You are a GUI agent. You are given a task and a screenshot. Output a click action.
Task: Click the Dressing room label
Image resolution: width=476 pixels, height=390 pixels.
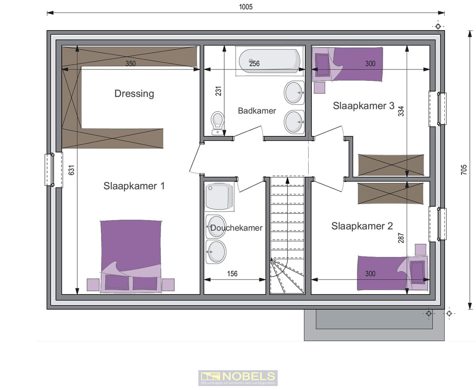[134, 94]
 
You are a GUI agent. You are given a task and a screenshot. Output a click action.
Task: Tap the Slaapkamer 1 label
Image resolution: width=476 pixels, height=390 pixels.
[134, 186]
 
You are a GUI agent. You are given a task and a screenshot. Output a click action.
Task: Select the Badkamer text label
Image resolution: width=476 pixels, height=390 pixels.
[257, 111]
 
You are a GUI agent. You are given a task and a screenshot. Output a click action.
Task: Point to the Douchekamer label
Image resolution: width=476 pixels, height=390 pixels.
[236, 228]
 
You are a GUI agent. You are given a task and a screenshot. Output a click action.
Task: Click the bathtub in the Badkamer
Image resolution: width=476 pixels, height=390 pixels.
[269, 62]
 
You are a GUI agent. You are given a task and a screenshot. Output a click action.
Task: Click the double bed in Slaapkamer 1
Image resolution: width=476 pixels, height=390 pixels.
[131, 256]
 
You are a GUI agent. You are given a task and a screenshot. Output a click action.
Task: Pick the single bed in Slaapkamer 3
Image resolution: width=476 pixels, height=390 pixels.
[349, 64]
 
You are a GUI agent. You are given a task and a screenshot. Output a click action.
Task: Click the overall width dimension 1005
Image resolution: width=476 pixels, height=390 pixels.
[246, 7]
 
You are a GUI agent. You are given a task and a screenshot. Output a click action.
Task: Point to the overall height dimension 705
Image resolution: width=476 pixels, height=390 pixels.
[464, 170]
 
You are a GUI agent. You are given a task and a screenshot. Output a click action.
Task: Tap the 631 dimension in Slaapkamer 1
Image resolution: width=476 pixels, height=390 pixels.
[71, 170]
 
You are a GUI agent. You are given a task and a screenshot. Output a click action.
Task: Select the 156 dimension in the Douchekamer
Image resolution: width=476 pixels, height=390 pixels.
[232, 274]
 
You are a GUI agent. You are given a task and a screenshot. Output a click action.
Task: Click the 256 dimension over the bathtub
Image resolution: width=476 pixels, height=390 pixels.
[254, 63]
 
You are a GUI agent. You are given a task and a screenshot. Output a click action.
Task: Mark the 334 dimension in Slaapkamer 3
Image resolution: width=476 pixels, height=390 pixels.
[401, 111]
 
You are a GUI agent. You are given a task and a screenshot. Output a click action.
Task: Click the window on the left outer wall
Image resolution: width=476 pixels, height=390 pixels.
[50, 170]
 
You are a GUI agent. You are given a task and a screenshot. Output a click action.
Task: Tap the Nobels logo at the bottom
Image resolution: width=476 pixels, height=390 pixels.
[238, 378]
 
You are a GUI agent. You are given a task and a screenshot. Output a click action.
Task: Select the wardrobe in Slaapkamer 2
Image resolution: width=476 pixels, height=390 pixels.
[390, 193]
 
